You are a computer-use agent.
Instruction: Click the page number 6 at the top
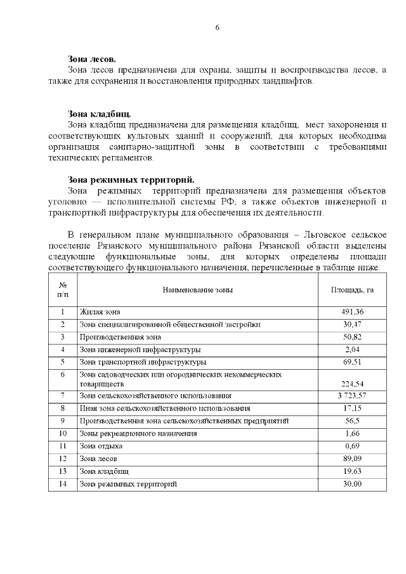[x=217, y=27]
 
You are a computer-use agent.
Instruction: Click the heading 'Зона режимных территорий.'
[x=131, y=179]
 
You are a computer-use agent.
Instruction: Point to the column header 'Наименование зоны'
[x=197, y=290]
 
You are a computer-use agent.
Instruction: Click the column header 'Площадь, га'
[x=352, y=290]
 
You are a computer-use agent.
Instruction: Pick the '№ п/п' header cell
[x=63, y=290]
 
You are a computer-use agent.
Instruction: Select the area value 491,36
[x=352, y=312]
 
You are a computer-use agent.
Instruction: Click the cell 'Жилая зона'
[x=100, y=312]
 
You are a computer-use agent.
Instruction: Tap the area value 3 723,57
[x=352, y=396]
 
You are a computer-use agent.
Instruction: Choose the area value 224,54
[x=352, y=384]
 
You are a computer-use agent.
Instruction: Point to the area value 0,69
[x=352, y=446]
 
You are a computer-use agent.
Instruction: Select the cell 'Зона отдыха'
[x=101, y=446]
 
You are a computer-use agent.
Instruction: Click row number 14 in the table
[x=63, y=484]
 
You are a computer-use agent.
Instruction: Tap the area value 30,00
[x=352, y=484]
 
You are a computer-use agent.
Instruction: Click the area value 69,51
[x=352, y=362]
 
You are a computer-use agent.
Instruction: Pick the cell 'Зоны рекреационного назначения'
[x=138, y=434]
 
